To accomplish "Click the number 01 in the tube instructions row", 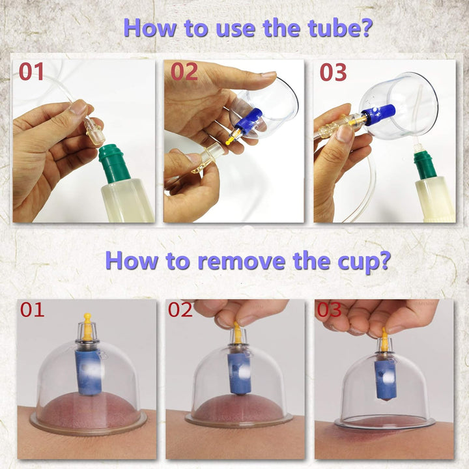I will tap(31, 72).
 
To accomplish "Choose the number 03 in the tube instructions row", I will tap(333, 72).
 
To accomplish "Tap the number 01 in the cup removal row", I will tap(32, 309).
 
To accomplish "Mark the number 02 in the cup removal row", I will tap(180, 309).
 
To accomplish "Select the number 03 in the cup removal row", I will tap(330, 309).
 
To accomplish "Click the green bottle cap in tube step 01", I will tap(114, 163).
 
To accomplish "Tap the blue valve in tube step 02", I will tap(249, 120).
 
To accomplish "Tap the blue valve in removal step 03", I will tap(385, 378).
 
